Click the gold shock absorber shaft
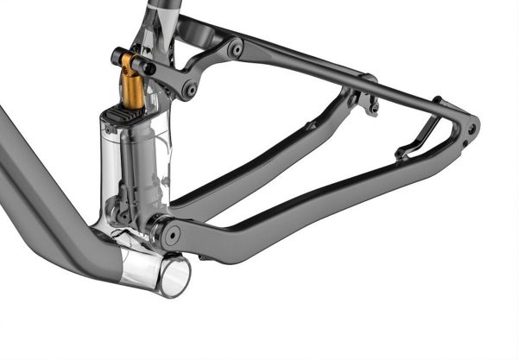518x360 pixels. pyautogui.click(x=131, y=86)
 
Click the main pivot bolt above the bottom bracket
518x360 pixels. pyautogui.click(x=170, y=231)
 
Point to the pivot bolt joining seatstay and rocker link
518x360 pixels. pyautogui.click(x=235, y=49)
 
